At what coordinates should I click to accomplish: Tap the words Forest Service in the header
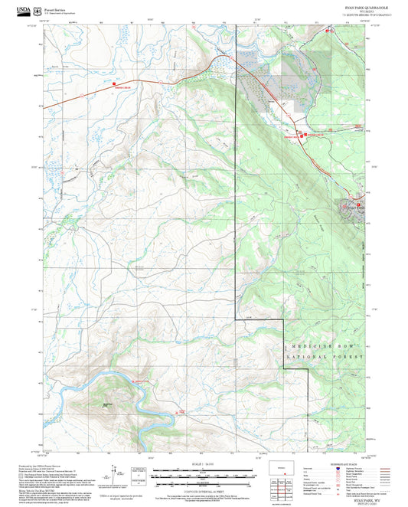click(58, 9)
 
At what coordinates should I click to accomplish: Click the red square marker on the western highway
click(114, 83)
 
